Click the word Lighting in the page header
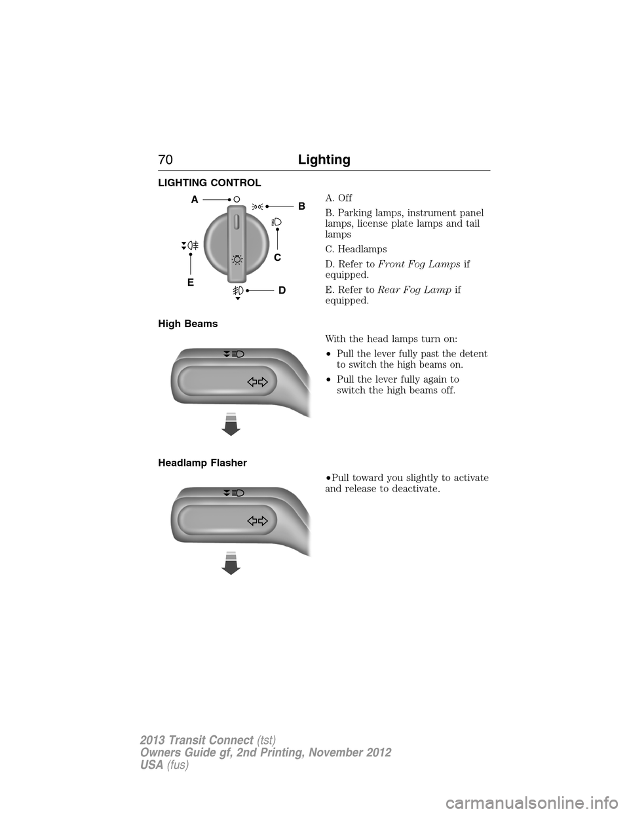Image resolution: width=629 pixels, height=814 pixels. tap(324, 160)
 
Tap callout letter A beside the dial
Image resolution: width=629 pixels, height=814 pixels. tap(194, 198)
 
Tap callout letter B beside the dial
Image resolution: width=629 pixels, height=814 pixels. tap(301, 206)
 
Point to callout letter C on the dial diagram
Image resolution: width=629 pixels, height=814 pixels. tap(277, 258)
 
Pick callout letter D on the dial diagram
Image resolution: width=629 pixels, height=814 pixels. tap(282, 290)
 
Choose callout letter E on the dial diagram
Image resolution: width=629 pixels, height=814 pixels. tap(190, 282)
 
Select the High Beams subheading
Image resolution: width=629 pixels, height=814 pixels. tap(188, 324)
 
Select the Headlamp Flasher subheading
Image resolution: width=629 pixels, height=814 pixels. tap(202, 463)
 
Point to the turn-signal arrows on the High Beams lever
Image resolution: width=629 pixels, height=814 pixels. tap(259, 382)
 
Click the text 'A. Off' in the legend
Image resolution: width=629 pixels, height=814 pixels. tap(338, 198)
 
